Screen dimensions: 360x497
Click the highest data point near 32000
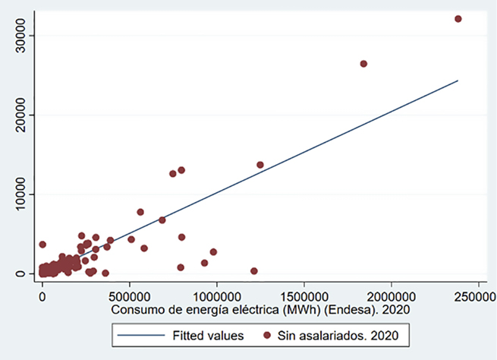coord(458,19)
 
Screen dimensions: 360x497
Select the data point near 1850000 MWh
coord(363,64)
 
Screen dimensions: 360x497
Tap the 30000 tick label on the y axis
coord(21,35)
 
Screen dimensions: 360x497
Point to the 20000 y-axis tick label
coord(21,115)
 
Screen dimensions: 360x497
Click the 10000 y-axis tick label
coord(21,194)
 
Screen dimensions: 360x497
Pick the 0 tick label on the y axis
coord(21,273)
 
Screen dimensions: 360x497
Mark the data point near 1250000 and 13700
coord(260,165)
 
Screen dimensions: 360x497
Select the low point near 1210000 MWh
coord(254,271)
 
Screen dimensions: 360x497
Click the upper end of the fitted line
coord(458,81)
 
